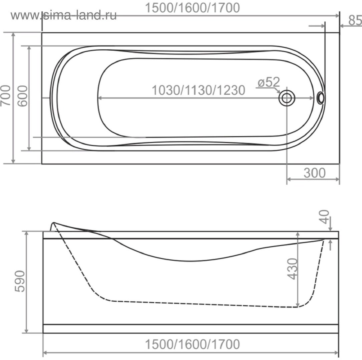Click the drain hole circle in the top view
click(x=287, y=98)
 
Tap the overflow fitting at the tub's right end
click(x=321, y=98)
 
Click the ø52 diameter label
click(x=269, y=82)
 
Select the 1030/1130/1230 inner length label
click(x=198, y=90)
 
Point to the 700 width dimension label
click(x=6, y=96)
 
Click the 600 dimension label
click(x=22, y=96)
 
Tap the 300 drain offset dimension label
click(x=314, y=173)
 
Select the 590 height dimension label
click(x=20, y=281)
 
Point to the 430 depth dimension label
click(x=292, y=269)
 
